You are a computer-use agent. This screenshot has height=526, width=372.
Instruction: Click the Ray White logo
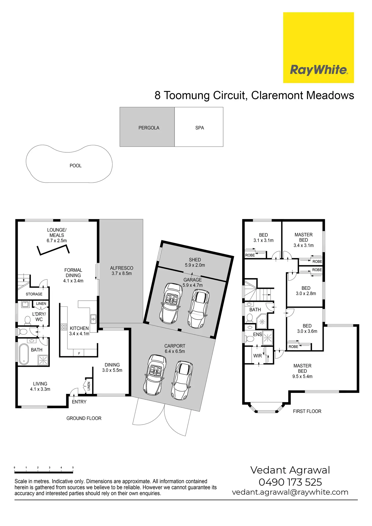pos(318,47)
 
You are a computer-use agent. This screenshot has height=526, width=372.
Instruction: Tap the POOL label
pos(76,166)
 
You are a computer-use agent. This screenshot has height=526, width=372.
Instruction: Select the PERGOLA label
pos(149,128)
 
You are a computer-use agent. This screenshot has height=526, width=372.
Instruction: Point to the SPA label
pos(200,128)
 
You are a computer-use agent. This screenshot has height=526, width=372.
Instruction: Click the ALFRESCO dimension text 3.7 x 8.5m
pos(122,273)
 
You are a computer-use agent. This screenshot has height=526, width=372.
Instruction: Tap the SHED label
pos(195,260)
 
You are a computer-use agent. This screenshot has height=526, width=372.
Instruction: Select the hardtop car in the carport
pos(182,380)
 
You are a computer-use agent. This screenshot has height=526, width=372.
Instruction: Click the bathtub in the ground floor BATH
pos(24,354)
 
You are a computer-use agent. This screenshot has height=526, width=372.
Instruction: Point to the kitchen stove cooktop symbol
pos(64,327)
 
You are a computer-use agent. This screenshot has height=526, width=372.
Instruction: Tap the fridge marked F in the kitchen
pos(79,353)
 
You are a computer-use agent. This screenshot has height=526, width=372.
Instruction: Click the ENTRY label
pos(79,402)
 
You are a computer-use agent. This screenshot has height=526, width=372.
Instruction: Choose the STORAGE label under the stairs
pos(34,294)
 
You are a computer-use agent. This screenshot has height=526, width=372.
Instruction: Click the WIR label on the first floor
pos(258,356)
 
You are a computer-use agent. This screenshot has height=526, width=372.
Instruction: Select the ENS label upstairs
pos(258,334)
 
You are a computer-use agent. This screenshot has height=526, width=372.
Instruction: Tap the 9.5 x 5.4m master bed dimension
pos(303,376)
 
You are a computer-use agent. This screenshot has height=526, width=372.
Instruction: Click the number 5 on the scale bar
pos(73,467)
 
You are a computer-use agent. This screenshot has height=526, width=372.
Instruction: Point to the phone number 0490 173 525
pos(290,482)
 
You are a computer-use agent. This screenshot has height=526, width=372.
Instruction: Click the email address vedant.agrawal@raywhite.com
pos(290,492)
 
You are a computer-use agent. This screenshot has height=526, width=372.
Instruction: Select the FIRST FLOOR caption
pos(307,411)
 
